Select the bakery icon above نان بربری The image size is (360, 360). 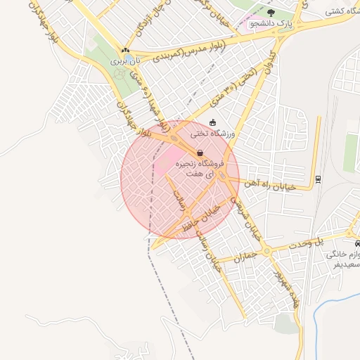click(x=125, y=51)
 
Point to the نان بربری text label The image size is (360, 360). click(x=128, y=61)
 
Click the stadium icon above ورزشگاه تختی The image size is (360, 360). click(x=212, y=122)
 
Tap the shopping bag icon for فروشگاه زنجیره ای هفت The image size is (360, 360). click(x=200, y=153)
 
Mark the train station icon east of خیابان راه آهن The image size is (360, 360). click(x=318, y=179)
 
